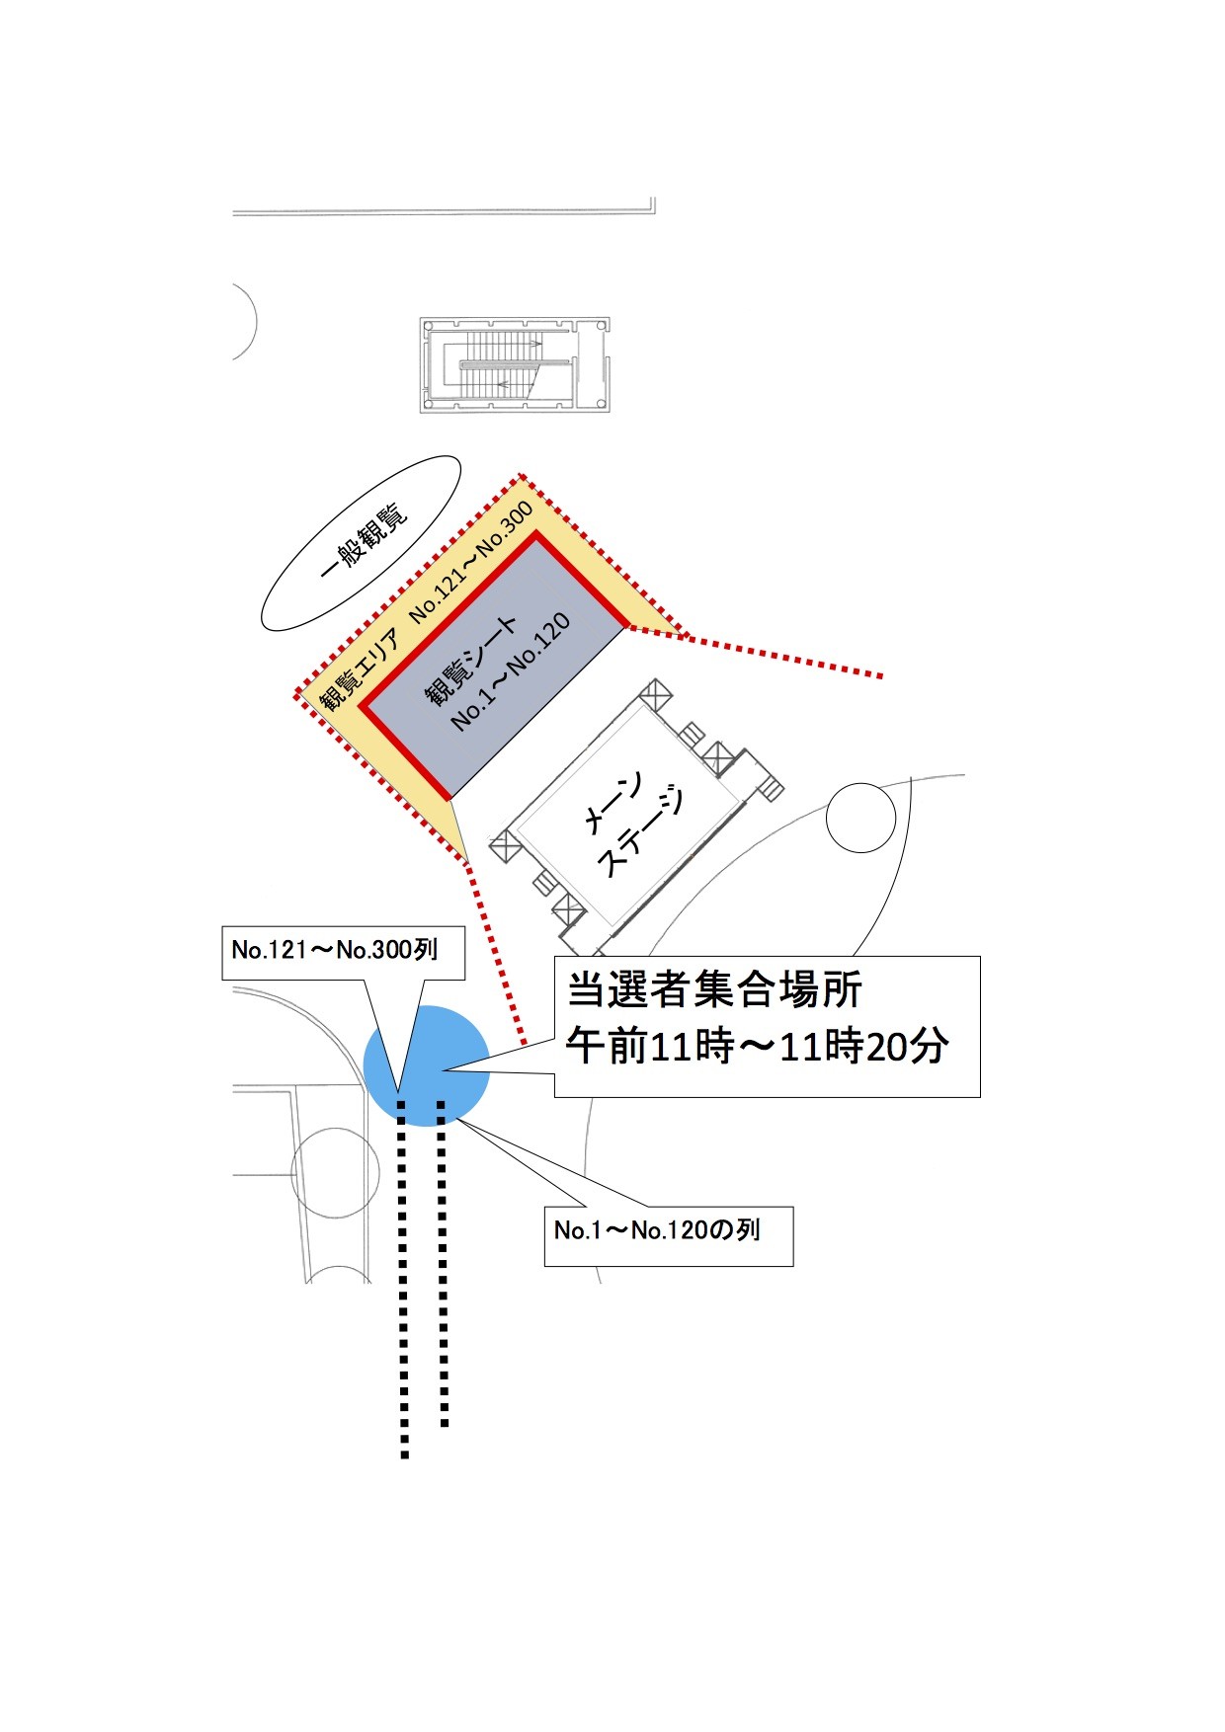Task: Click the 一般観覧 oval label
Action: pos(362,543)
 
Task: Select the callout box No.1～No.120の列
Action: pos(668,1234)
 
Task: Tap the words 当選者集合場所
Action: pos(713,990)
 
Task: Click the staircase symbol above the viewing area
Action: pos(515,364)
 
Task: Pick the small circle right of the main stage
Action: pos(860,818)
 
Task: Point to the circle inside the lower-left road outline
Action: pos(336,1172)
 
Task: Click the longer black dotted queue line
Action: pos(403,1284)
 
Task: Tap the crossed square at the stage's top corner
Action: pos(655,695)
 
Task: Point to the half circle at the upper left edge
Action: pos(243,322)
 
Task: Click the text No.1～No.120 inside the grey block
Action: pos(511,672)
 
